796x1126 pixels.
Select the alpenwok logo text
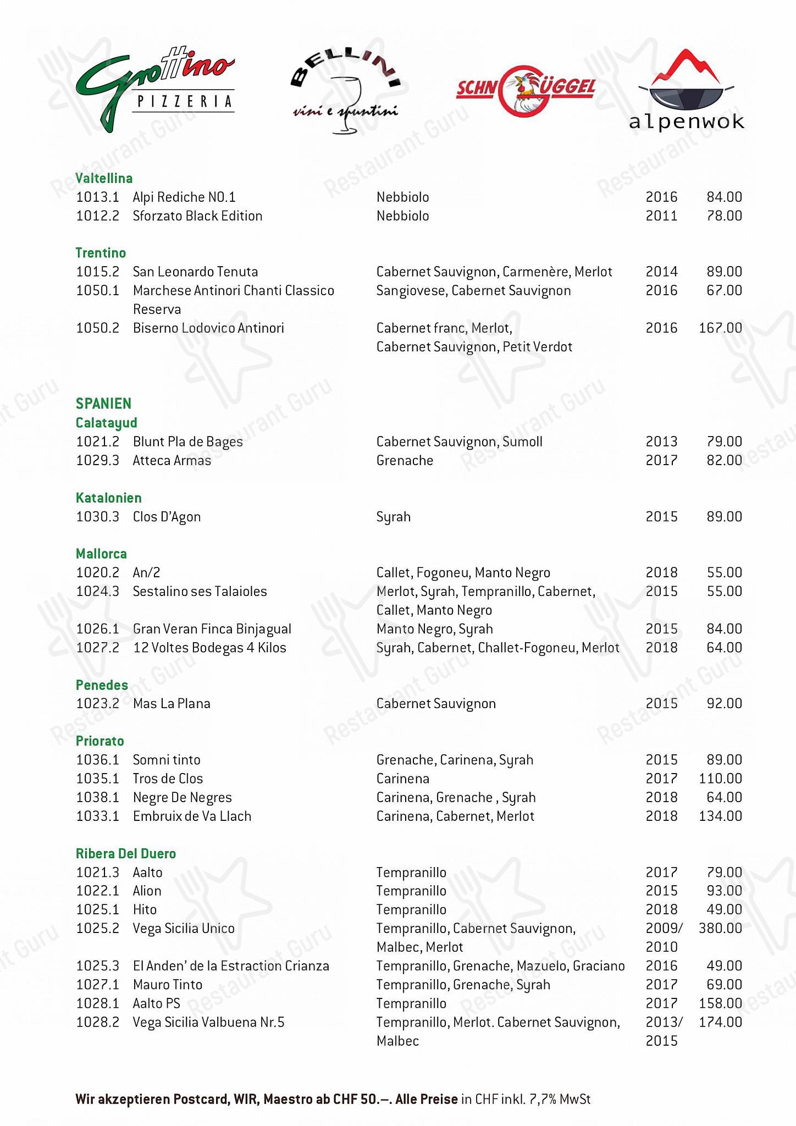click(686, 122)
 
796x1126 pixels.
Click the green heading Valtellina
click(104, 178)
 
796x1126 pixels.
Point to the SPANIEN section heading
click(103, 404)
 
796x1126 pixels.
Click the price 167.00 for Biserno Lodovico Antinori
click(720, 328)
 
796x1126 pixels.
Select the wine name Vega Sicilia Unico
click(184, 928)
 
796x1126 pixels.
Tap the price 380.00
click(720, 928)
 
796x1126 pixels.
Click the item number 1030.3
click(97, 517)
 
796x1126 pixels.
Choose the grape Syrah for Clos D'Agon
click(394, 517)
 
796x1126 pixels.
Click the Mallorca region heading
click(101, 554)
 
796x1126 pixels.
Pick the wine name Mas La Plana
click(172, 704)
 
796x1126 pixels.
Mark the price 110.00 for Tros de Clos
click(720, 779)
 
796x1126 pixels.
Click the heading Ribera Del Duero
click(126, 853)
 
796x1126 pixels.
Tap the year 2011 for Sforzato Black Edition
click(661, 216)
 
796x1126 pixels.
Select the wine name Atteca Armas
click(172, 461)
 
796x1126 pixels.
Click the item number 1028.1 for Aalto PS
click(97, 1003)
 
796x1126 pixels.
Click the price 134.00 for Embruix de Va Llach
click(720, 816)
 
